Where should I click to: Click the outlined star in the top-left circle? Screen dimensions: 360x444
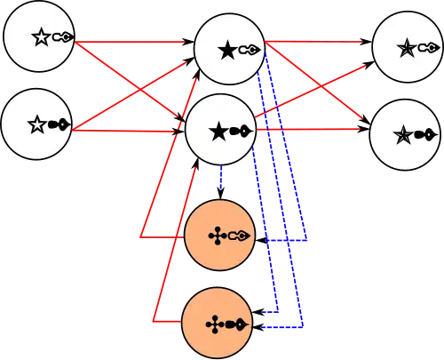tap(40, 37)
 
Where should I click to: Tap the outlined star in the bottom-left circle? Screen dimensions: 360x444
tap(36, 125)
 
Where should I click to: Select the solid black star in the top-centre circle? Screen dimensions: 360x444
tap(226, 51)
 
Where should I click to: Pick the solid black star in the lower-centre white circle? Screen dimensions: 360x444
tap(218, 132)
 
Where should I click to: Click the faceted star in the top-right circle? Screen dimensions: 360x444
tap(406, 49)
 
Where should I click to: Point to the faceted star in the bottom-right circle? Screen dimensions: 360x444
tap(403, 135)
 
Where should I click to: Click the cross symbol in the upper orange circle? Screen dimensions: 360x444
tap(217, 236)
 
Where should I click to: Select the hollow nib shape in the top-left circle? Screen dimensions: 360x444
tap(63, 37)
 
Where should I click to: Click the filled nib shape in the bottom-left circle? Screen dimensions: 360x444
tap(59, 125)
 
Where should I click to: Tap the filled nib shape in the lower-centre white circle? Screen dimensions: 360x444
tap(241, 132)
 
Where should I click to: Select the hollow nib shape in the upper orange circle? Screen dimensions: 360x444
tap(239, 236)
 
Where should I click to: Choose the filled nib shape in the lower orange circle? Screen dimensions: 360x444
tap(236, 324)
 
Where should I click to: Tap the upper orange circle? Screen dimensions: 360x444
tap(218, 236)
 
